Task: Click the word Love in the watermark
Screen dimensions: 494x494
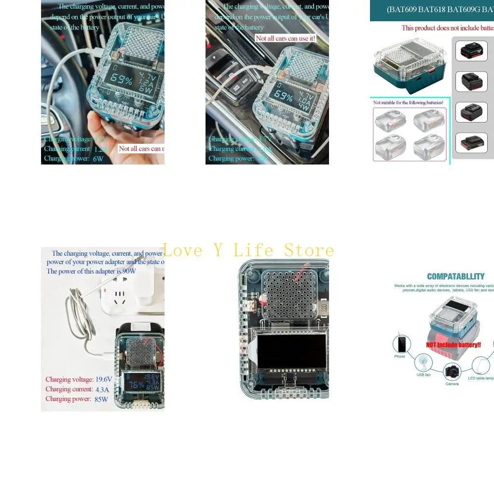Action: point(183,250)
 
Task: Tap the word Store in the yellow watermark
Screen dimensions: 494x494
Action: point(309,250)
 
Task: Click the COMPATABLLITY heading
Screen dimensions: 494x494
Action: point(455,276)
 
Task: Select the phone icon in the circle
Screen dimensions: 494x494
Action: point(401,344)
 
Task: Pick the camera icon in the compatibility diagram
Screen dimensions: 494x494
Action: point(452,371)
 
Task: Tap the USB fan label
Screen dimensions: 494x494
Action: point(423,374)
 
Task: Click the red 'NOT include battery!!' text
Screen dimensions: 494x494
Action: point(453,345)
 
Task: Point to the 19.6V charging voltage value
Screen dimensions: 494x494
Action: point(103,380)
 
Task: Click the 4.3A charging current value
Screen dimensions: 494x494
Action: point(102,389)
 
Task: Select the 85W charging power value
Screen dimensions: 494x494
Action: point(101,399)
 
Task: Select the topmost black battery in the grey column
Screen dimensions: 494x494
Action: point(471,51)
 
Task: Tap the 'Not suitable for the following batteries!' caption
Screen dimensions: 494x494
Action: point(408,103)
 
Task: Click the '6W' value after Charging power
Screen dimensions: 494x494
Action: point(98,158)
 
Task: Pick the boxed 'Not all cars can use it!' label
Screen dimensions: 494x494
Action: point(285,38)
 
